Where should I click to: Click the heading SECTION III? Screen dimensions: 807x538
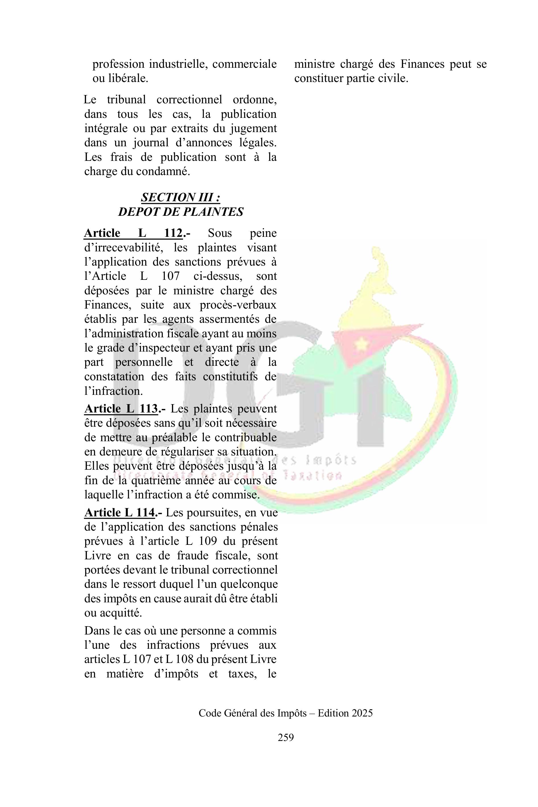click(x=180, y=197)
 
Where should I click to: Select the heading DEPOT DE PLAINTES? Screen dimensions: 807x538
click(x=180, y=212)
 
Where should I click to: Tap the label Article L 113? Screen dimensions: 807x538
click(x=121, y=409)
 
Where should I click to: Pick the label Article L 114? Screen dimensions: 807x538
click(x=119, y=513)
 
